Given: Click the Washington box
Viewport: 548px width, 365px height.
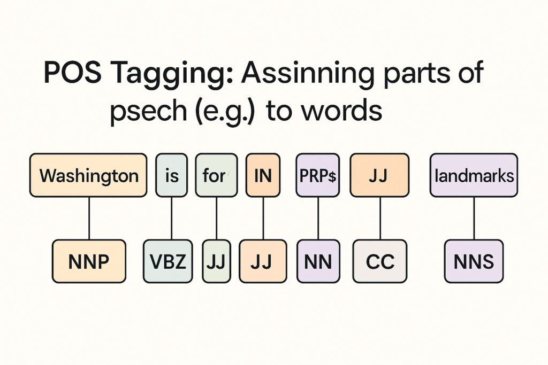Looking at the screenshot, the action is [88, 175].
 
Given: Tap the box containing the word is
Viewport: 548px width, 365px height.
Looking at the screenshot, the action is [172, 175].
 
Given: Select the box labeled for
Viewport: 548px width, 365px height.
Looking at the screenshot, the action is [216, 175].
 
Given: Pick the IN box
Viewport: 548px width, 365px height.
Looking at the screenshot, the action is [263, 175].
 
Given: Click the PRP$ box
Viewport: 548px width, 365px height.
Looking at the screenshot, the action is [318, 175].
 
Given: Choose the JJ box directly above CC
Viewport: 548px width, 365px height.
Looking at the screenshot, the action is [379, 175].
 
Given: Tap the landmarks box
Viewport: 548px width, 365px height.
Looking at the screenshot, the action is [474, 175].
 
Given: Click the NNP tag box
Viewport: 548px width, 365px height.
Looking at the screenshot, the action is [89, 261].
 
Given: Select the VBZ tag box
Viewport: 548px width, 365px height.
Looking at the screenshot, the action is [168, 261].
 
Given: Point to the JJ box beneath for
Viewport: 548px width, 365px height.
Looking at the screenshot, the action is [216, 261].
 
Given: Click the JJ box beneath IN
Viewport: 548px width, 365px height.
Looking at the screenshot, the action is [263, 261].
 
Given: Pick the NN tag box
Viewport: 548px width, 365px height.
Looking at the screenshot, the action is [318, 261].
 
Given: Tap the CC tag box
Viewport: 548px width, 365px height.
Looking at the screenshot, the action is [380, 261].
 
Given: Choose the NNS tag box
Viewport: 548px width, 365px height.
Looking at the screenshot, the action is [474, 261].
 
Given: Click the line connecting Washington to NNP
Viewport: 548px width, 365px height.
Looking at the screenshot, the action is [89, 218].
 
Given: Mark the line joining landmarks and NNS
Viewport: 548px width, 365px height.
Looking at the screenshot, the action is [474, 218].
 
